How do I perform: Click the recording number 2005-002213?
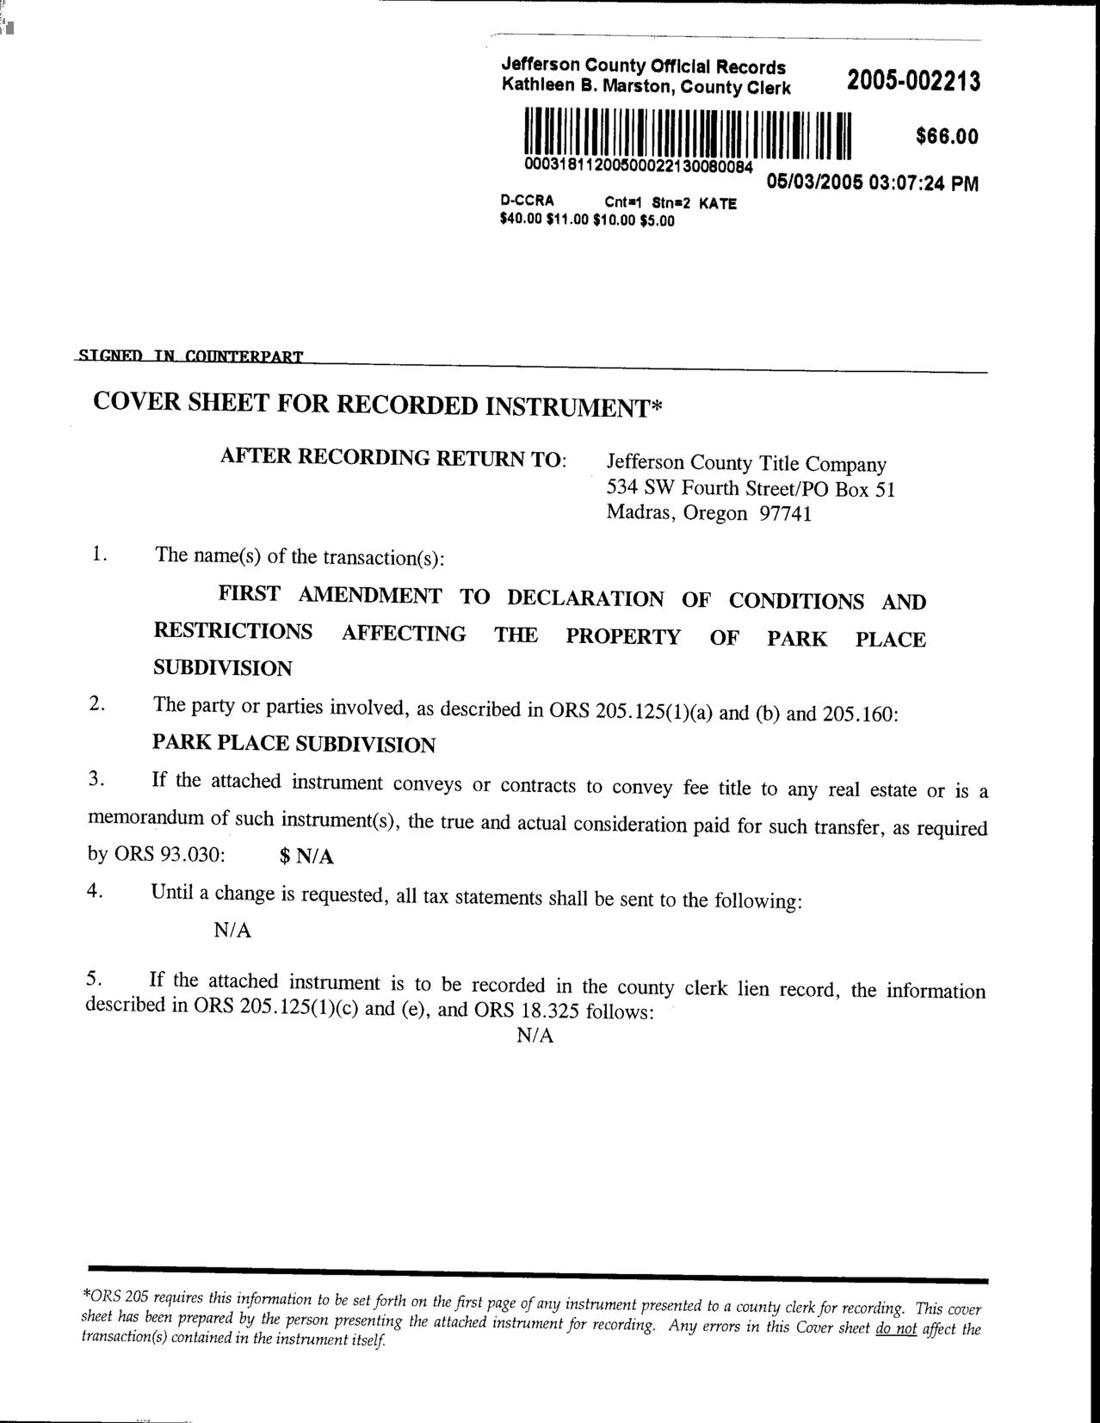click(x=913, y=82)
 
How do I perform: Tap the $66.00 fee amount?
click(x=947, y=137)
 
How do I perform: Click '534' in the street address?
click(x=622, y=488)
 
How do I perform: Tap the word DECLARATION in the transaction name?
click(x=585, y=598)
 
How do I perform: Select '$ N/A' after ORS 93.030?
click(x=307, y=857)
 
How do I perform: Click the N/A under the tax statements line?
click(x=232, y=931)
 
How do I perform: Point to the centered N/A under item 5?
click(x=535, y=1036)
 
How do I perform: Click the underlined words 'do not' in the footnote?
click(x=895, y=1328)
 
